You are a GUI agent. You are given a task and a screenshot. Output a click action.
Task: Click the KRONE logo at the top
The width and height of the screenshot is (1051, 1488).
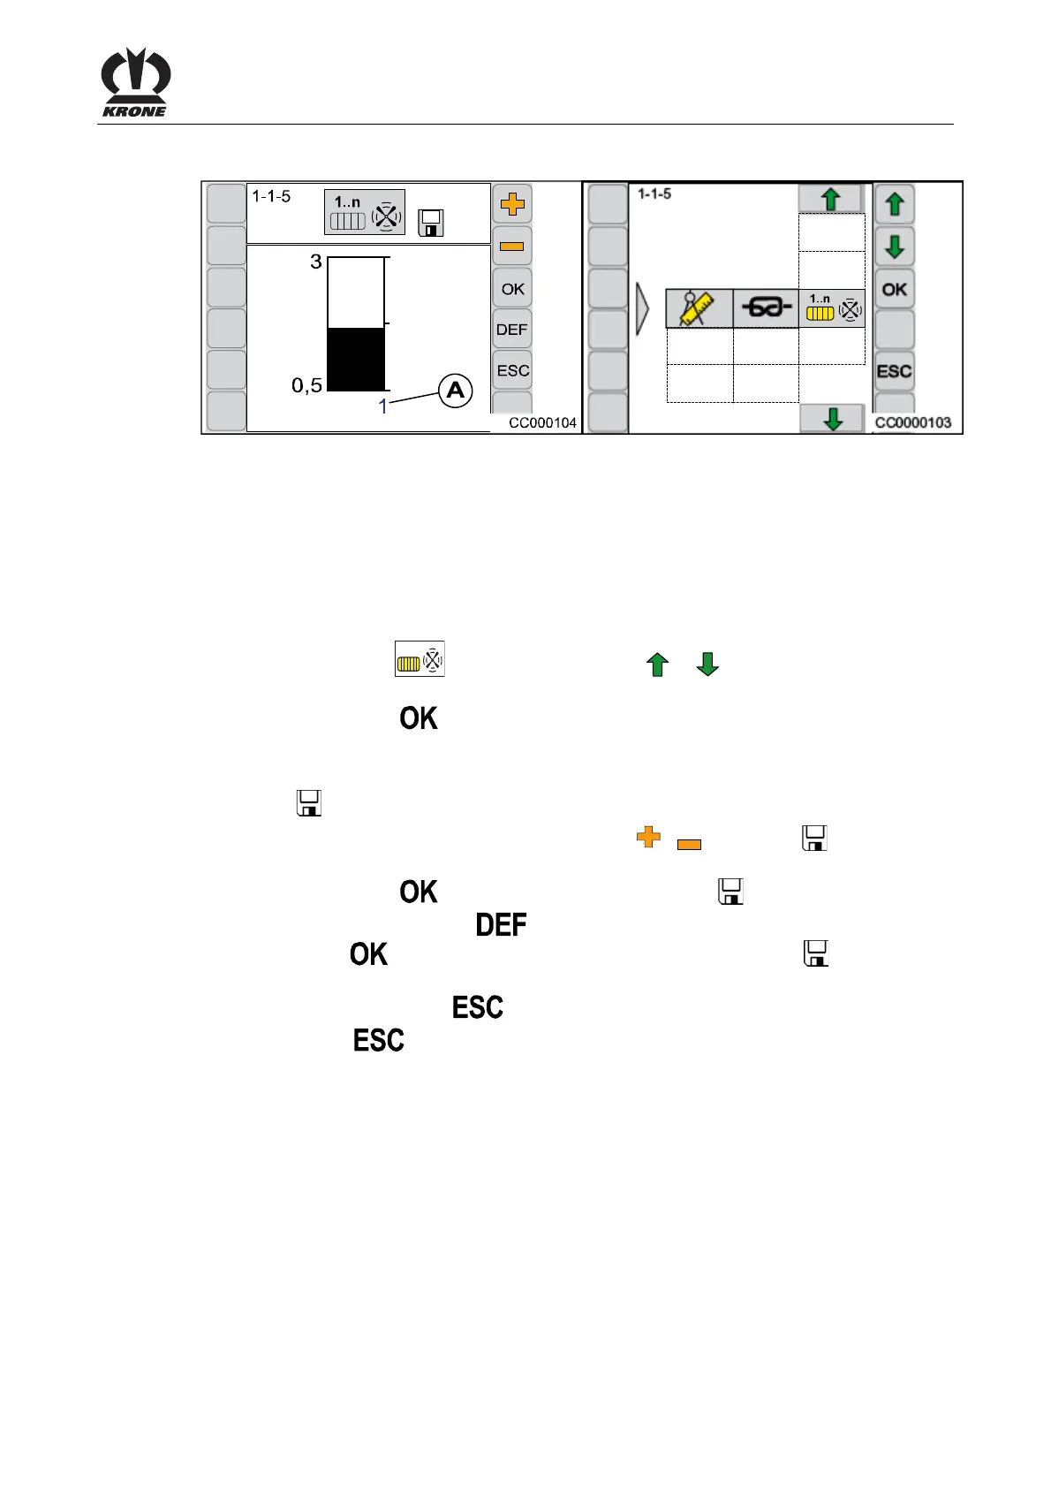135,82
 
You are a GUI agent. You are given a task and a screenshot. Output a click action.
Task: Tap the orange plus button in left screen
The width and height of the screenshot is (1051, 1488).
512,205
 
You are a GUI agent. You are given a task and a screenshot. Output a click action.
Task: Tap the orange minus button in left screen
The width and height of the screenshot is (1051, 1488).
512,247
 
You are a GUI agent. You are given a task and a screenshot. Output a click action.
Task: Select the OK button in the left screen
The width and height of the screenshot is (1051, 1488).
512,289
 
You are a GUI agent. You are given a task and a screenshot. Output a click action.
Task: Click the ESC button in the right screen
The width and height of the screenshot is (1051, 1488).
894,371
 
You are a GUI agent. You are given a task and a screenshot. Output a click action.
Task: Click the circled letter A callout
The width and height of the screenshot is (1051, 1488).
456,391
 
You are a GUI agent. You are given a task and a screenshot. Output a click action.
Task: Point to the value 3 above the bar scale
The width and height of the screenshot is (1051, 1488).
315,262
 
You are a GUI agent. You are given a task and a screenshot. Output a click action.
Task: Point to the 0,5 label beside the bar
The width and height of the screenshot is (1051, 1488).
306,385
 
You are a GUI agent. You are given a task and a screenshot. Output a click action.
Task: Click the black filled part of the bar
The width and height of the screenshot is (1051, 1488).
356,359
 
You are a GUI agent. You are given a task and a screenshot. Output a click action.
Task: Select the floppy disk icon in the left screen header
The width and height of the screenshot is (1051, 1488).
431,223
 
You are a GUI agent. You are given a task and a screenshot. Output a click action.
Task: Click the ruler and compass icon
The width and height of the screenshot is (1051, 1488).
699,308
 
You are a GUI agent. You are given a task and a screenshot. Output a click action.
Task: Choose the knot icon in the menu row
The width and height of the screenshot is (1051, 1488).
766,308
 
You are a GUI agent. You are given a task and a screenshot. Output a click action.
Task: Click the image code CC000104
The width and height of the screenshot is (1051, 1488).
542,423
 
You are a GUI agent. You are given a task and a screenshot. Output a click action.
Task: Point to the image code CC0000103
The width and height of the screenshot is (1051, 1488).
913,423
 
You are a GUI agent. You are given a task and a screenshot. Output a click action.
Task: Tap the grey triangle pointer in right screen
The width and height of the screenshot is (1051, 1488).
643,309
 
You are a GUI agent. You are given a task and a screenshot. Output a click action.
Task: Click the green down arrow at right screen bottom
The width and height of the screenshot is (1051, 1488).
832,418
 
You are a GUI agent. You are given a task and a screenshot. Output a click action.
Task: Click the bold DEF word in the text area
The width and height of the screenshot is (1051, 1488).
501,925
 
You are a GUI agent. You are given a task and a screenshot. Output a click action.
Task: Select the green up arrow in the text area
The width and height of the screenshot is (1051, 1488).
657,664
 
